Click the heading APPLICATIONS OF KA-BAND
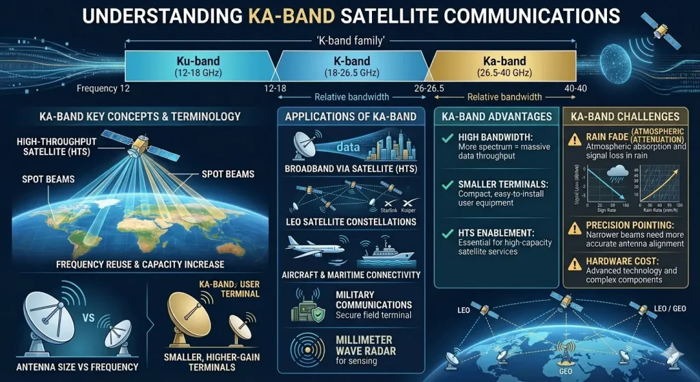point(351,116)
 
